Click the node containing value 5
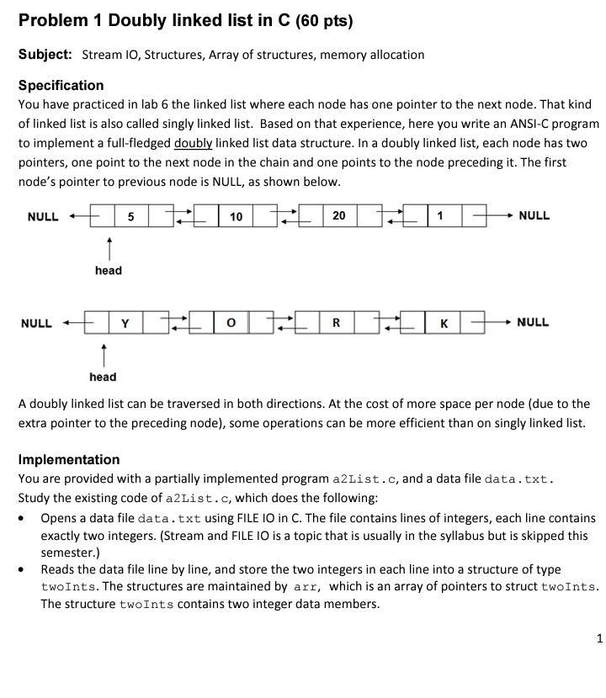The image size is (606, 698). point(130,216)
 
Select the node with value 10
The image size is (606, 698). point(236,216)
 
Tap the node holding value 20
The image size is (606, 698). point(338,216)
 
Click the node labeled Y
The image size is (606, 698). point(125,323)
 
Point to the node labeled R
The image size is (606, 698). point(336,323)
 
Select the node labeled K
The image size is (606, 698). point(444,323)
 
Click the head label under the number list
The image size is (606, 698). point(108,270)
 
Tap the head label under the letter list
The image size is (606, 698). point(103,377)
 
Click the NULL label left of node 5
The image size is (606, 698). point(43,216)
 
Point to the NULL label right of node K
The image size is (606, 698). point(533,322)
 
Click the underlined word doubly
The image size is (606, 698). point(193,143)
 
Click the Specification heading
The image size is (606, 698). point(61,85)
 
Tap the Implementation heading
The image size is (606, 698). point(69,459)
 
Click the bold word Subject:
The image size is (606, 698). point(45,55)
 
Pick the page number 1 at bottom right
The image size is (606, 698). point(599,638)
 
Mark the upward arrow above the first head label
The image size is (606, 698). point(108,247)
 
